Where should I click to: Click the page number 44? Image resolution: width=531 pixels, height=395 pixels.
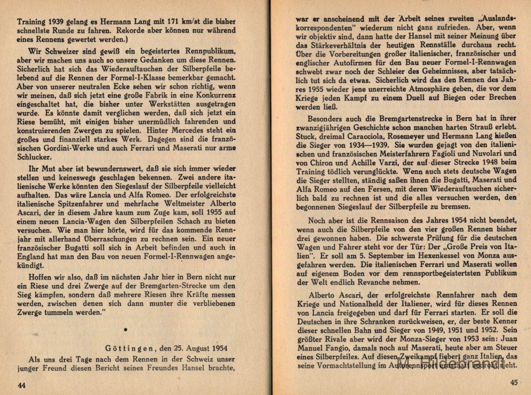pyautogui.click(x=21, y=385)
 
